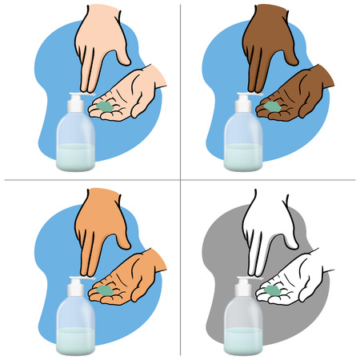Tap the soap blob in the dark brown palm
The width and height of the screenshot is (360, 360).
pyautogui.click(x=274, y=106)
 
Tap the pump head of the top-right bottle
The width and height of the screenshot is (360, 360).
pyautogui.click(x=244, y=103)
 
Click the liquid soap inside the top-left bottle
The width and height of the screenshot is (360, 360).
pyautogui.click(x=77, y=156)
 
